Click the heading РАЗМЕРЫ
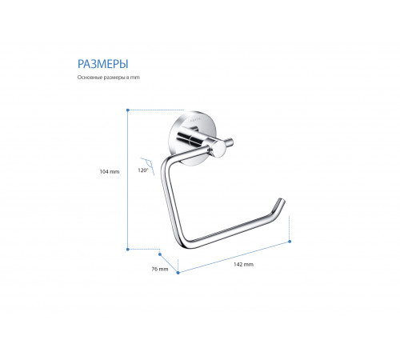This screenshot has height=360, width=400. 102,64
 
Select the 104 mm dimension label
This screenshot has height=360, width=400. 110,172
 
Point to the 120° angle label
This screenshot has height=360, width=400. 143,170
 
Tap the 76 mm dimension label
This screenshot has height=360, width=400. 160,269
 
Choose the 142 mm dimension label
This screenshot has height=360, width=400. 243,264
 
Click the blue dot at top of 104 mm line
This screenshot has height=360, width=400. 128,110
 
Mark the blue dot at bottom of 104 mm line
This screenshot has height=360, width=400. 128,250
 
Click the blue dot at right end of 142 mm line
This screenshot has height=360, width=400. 290,242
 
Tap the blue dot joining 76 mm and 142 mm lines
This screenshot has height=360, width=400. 178,273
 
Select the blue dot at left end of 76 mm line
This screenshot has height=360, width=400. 160,254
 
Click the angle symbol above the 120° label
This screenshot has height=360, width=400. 147,166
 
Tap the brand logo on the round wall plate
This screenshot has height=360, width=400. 195,120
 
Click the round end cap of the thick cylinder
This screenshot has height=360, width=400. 219,149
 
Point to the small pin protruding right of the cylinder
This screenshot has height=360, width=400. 230,142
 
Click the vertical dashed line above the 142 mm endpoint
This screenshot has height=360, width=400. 290,227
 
